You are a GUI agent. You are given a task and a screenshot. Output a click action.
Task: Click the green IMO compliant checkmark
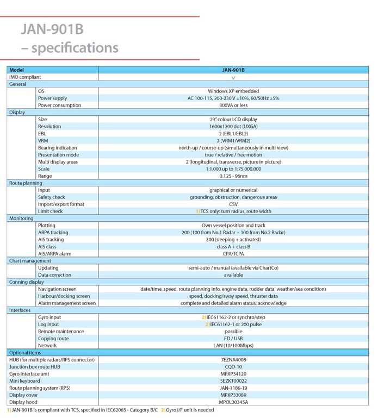[233, 78]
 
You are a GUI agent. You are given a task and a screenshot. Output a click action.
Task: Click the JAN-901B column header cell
[233, 70]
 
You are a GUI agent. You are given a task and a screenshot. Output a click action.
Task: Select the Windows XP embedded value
[233, 91]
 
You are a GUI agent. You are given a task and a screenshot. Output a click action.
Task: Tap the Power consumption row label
[59, 105]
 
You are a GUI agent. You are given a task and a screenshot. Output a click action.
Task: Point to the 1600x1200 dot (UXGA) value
[233, 127]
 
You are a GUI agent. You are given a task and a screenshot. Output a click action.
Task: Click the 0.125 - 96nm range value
[233, 176]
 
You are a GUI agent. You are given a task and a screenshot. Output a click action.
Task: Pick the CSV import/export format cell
[233, 204]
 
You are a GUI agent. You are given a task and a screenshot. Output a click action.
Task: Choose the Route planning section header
[26, 183]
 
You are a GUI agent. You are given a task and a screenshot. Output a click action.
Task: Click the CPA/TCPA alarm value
[233, 254]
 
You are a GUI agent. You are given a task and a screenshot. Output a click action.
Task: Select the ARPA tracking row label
[53, 233]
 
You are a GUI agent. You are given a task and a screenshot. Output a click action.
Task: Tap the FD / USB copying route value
[233, 339]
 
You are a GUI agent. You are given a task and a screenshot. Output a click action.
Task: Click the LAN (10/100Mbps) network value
[233, 346]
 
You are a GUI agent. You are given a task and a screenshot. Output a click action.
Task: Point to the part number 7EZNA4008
[233, 360]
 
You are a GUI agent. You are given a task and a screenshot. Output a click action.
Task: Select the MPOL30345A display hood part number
[233, 402]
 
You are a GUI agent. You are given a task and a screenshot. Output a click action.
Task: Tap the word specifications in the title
[75, 48]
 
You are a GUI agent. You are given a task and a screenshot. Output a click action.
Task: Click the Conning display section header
[27, 282]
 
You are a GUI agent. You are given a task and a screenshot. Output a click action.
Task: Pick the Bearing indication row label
[58, 148]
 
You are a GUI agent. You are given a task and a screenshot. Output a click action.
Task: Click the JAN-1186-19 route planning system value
[233, 388]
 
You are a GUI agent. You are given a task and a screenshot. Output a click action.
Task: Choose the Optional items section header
[25, 353]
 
